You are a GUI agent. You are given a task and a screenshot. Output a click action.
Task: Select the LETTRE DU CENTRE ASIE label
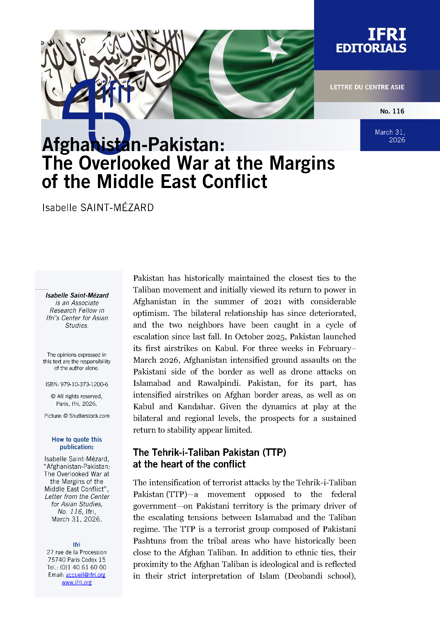(367, 87)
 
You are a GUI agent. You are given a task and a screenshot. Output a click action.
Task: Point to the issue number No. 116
(392, 111)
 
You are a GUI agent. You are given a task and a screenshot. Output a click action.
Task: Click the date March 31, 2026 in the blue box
(390, 136)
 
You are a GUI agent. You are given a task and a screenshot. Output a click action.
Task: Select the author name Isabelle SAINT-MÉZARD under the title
(98, 207)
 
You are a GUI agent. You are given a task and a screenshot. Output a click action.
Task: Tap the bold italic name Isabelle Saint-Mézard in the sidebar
(77, 295)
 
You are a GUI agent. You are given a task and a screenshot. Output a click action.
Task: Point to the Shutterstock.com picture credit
(89, 416)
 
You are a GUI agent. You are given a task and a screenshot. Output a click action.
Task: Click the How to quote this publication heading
(77, 443)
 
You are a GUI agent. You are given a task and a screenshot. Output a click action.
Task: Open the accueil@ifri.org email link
(86, 575)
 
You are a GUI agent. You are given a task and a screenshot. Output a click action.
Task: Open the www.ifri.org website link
(77, 582)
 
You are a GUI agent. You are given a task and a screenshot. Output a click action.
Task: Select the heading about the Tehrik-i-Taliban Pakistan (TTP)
(209, 458)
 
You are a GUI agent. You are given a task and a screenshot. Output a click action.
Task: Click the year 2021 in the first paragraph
(273, 302)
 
